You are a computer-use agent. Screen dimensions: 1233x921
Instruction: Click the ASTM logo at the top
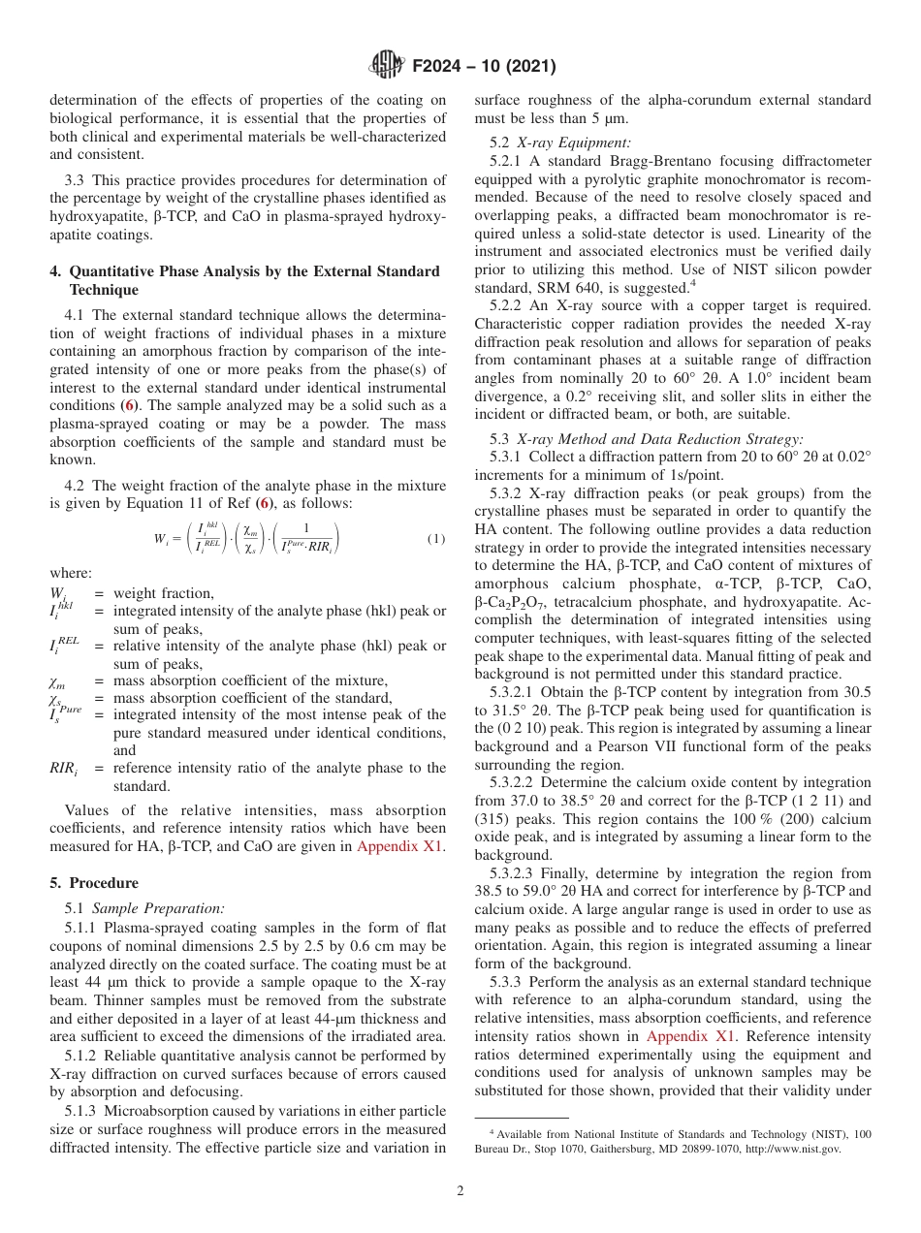click(388, 66)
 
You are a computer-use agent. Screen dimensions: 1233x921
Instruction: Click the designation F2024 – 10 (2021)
click(484, 67)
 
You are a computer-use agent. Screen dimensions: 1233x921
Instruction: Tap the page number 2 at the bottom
click(460, 1191)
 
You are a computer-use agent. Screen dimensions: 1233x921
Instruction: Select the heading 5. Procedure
click(94, 883)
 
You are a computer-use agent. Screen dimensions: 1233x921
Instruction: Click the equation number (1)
click(436, 538)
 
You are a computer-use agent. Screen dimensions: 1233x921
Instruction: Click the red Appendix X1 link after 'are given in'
click(400, 846)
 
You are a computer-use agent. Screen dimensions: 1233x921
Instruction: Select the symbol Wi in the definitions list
click(58, 593)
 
